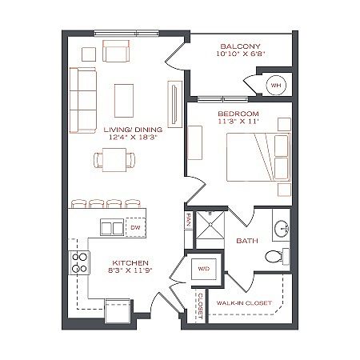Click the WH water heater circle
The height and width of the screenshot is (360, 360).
coord(276,86)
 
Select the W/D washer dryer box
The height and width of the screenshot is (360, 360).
coord(204,269)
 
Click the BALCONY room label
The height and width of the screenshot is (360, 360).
coord(240,46)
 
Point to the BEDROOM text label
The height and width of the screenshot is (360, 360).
coord(238,114)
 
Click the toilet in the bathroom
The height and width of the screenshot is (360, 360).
coord(274,257)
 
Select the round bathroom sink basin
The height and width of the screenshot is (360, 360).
coord(282,228)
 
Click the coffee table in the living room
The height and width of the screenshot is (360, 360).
coord(124,101)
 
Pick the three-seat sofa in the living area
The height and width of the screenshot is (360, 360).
coord(82,100)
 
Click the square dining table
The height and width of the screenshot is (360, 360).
coord(114,160)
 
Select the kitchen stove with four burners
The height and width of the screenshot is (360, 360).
coord(79,262)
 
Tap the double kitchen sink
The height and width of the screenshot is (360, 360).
coord(112,227)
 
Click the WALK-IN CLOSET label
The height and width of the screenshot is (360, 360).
coord(244,303)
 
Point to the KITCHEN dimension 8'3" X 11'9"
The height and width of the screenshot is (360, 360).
coord(130,270)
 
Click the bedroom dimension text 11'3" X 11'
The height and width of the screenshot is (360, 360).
coord(238,122)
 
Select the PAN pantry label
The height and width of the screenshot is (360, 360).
coord(188,220)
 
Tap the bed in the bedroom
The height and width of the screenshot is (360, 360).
coord(258,157)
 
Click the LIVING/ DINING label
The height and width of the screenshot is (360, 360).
coord(133,130)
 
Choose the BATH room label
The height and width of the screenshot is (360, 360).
coord(247,241)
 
